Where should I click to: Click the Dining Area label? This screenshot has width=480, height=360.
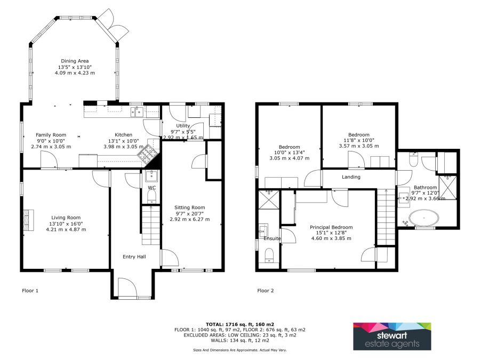[x=75, y=61]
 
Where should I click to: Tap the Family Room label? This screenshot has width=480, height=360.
[x=51, y=135]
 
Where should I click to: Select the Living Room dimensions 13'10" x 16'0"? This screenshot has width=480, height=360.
[x=66, y=223]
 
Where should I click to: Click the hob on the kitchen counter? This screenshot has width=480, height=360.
[x=148, y=154]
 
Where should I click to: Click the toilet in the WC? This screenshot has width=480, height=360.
[x=152, y=196]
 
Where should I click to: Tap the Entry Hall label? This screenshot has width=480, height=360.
[x=134, y=257]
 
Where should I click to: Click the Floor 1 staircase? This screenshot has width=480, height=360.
[x=151, y=225]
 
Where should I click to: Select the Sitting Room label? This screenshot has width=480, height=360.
[x=189, y=207]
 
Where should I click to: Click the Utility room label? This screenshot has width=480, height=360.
[x=183, y=125]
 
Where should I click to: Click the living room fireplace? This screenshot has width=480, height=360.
[x=28, y=220]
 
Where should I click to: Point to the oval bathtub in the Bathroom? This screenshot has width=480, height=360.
[x=424, y=218]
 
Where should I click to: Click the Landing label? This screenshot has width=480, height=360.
[x=351, y=177]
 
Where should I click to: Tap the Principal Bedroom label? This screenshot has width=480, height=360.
[x=331, y=227]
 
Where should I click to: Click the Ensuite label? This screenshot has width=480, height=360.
[x=272, y=238]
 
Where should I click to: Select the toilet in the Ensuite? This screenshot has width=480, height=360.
[x=269, y=255]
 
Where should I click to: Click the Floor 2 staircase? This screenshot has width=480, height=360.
[x=386, y=217]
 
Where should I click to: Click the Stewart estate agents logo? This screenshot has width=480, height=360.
[x=392, y=336]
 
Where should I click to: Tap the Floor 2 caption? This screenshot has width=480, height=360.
[x=266, y=291]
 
